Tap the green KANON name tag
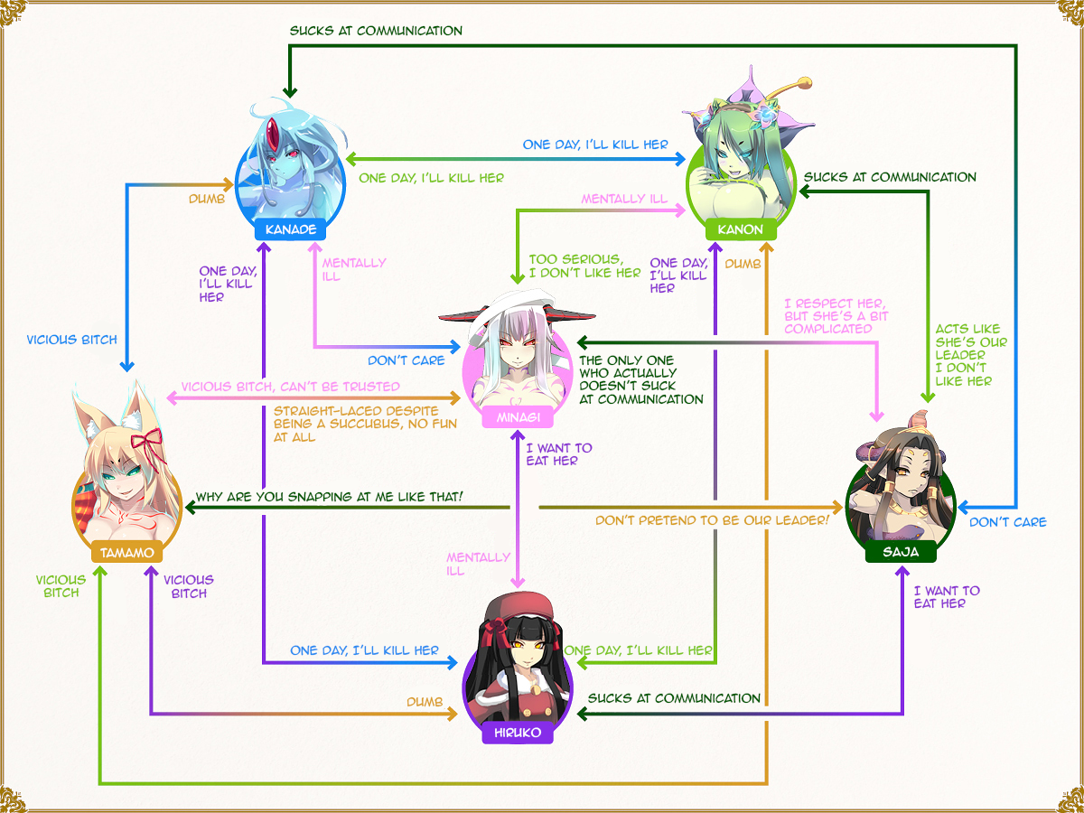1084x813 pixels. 740,229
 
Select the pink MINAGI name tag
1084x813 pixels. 513,416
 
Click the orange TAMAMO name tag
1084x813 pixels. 126,551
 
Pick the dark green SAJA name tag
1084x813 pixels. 900,552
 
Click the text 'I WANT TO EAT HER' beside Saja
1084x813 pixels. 946,597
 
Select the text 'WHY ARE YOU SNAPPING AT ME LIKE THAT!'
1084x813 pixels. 329,497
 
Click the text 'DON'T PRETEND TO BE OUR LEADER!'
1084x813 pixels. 712,520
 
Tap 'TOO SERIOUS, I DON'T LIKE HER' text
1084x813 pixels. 584,266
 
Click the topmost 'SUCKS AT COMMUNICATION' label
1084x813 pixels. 376,31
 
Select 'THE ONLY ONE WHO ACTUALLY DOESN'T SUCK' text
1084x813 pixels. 640,379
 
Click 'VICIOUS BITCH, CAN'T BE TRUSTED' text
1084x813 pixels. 290,387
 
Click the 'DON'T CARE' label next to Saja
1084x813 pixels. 1007,522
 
